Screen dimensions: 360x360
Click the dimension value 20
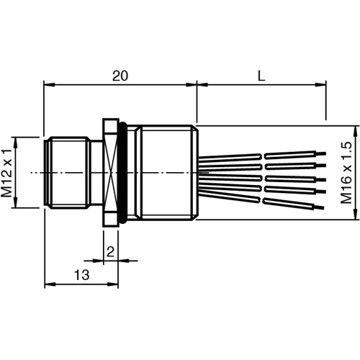pyautogui.click(x=121, y=74)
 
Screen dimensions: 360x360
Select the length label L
pyautogui.click(x=259, y=74)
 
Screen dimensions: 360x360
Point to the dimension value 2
pyautogui.click(x=110, y=251)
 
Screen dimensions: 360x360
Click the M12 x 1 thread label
pyautogui.click(x=8, y=173)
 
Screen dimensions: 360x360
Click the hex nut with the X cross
pyautogui.click(x=111, y=173)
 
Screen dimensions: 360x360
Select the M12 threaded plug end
pyautogui.click(x=66, y=173)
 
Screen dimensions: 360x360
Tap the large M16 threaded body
pyautogui.click(x=166, y=173)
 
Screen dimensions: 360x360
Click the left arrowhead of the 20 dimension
pyautogui.click(x=48, y=86)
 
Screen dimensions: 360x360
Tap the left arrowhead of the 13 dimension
pyautogui.click(x=48, y=283)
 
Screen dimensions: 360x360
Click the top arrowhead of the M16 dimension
pyautogui.click(x=334, y=127)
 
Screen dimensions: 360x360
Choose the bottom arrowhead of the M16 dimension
pyautogui.click(x=334, y=218)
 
